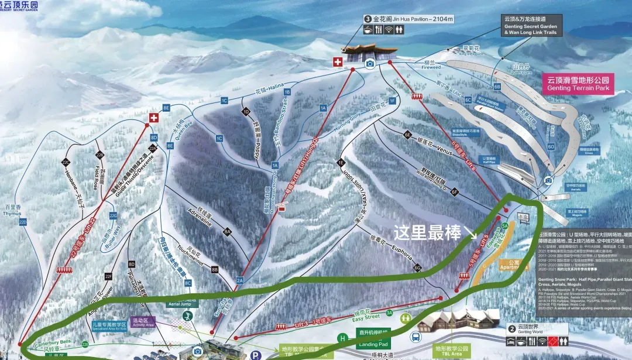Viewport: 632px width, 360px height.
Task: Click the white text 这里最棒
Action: pos(427,232)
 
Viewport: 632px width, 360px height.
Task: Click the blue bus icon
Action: pos(416,337)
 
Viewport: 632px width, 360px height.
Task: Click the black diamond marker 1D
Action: pos(246,111)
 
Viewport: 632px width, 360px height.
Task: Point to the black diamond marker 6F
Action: pos(454,191)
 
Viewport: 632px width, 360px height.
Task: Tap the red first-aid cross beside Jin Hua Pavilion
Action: pos(338,61)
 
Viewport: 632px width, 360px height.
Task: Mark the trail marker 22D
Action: pos(23,222)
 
